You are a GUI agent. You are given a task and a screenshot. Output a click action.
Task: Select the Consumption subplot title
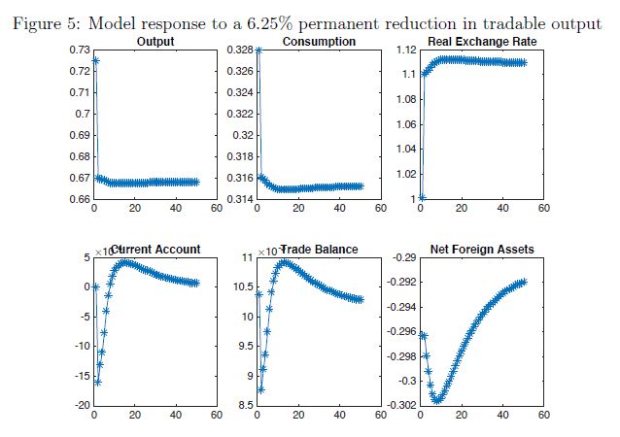319,42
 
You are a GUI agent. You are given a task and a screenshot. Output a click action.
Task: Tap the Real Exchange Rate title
481,42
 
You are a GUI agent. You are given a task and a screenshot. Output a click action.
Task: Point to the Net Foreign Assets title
481,250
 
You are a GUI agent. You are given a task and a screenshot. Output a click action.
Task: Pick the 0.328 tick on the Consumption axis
239,49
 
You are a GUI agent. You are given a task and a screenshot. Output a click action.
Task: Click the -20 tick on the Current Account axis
79,405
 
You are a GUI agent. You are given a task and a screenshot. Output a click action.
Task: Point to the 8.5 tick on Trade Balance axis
243,405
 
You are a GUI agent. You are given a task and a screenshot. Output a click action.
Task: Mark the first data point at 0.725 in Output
95,60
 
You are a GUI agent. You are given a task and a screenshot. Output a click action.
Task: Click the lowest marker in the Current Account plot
97,382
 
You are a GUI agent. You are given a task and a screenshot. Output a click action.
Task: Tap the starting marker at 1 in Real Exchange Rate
421,197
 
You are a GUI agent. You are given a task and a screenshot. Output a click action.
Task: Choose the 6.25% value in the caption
291,22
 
